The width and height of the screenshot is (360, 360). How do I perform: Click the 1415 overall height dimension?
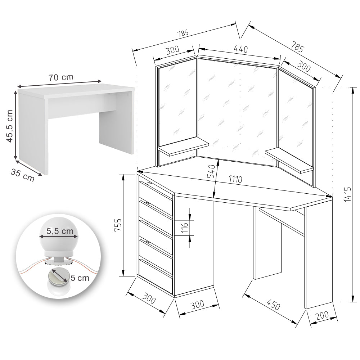(x=348, y=194)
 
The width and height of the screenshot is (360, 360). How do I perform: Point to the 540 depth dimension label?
(x=212, y=171)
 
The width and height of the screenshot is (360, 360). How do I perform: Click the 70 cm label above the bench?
(x=60, y=77)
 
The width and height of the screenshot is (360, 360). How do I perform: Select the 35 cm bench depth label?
(x=22, y=174)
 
